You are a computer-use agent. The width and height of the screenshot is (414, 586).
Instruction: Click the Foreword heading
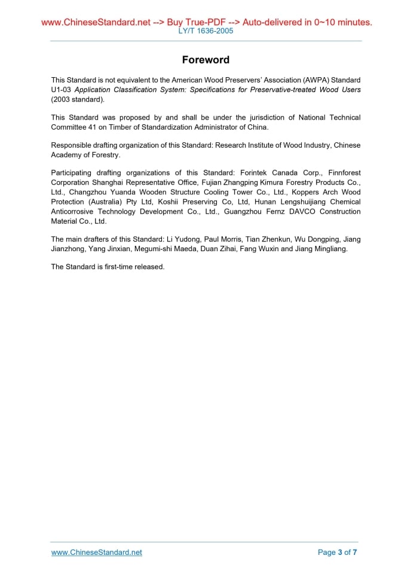point(206,60)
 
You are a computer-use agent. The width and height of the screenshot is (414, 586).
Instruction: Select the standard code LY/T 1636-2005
point(206,30)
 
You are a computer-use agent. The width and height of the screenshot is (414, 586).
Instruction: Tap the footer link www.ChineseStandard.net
point(97,552)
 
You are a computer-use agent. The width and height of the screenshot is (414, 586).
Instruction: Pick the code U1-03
point(61,90)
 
